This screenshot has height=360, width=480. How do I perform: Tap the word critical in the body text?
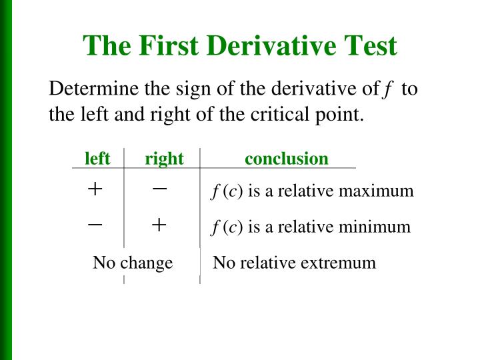point(281,114)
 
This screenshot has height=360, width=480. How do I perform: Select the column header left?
point(97,159)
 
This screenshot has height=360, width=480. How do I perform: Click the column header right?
point(164,159)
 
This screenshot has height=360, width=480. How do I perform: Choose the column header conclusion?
point(287,159)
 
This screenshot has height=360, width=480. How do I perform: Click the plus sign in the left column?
point(95,189)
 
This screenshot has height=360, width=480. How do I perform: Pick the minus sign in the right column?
point(159,189)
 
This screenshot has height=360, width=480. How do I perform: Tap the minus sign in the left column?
point(95,225)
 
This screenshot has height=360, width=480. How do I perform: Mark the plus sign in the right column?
point(159,225)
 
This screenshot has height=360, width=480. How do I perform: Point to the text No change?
point(133,263)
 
